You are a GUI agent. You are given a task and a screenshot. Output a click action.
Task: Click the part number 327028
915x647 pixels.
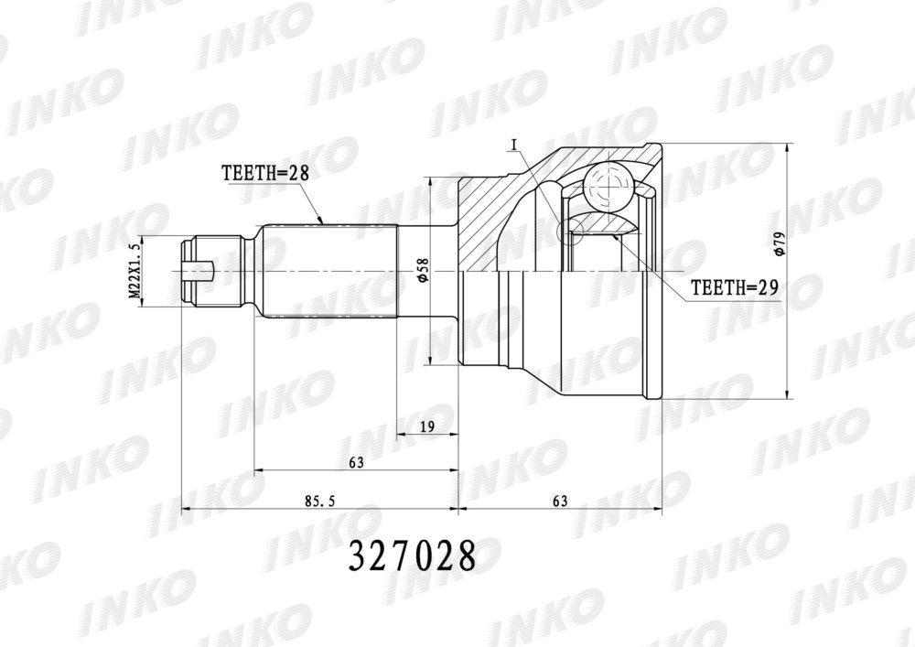coord(413,557)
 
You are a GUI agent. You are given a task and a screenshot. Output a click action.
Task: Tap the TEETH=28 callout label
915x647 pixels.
coord(264,173)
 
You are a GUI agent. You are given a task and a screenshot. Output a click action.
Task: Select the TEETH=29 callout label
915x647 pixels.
coord(736,287)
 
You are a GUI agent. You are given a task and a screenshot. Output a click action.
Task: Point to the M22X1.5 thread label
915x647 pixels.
coord(135,271)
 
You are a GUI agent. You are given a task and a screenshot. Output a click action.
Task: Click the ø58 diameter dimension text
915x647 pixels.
coord(424,271)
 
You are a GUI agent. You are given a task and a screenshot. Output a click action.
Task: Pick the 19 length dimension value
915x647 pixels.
coord(427,426)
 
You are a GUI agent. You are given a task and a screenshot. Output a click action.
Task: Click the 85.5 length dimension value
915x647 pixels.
coord(319,501)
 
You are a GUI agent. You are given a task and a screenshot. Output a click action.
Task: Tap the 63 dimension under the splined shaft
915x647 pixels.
coord(356,463)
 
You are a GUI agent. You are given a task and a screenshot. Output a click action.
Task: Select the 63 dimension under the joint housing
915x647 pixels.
coord(560,501)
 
